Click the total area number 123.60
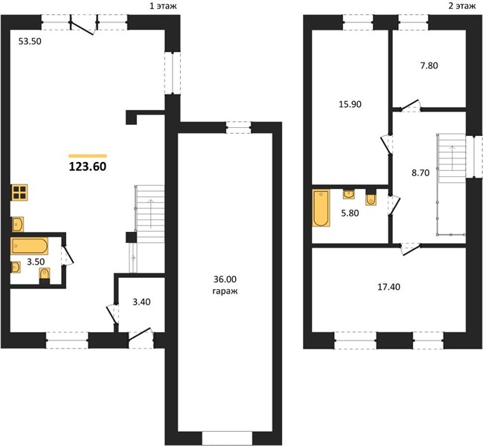[88, 167]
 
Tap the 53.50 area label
[30, 41]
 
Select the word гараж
[225, 291]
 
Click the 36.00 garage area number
[225, 279]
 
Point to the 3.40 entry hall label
[141, 302]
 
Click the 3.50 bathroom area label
[36, 262]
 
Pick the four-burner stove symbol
[19, 193]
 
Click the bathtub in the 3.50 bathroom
[30, 246]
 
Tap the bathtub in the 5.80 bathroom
[321, 208]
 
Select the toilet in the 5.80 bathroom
[371, 198]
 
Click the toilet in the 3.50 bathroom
[45, 275]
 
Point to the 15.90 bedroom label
[351, 105]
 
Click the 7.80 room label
[429, 66]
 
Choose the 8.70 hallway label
[420, 173]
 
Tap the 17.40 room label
[388, 287]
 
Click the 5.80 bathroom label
[350, 213]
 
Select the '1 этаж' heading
[163, 6]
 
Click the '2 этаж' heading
[462, 6]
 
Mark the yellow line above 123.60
[88, 156]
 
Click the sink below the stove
[18, 224]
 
